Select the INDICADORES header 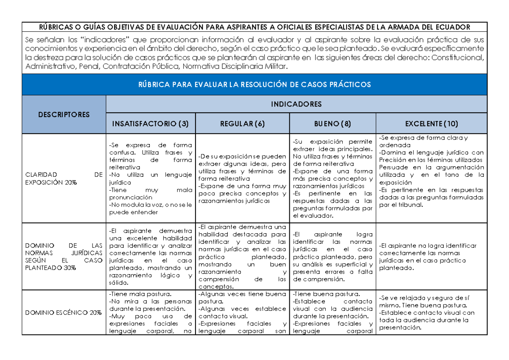click(x=296, y=104)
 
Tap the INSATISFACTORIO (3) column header click(x=151, y=124)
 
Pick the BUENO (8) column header click(x=333, y=124)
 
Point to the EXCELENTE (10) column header click(x=431, y=124)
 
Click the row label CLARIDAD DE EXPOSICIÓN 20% click(x=64, y=178)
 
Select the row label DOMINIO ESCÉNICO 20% click(x=64, y=313)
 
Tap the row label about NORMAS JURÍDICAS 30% click(x=64, y=257)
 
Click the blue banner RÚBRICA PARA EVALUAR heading click(x=254, y=84)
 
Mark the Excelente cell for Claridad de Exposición click(x=431, y=171)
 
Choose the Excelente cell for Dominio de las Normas click(x=431, y=257)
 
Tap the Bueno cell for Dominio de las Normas click(x=333, y=257)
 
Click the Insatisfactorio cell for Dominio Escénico click(x=151, y=313)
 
